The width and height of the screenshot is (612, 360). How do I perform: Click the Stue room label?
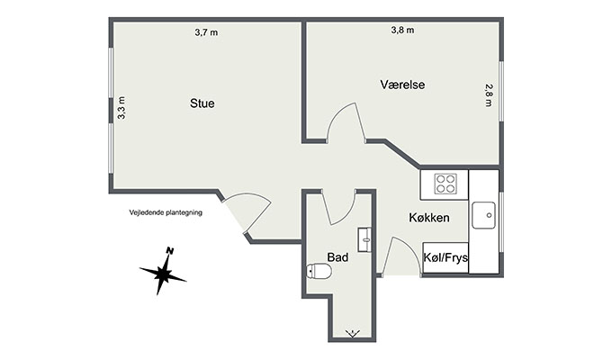pyautogui.click(x=202, y=103)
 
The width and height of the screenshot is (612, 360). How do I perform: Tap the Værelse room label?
pyautogui.click(x=402, y=85)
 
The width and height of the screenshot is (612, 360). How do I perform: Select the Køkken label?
pyautogui.click(x=429, y=218)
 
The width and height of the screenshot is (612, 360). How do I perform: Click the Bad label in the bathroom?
pyautogui.click(x=337, y=257)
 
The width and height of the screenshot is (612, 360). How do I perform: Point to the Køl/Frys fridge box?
pyautogui.click(x=445, y=257)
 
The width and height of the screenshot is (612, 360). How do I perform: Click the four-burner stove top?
pyautogui.click(x=445, y=184)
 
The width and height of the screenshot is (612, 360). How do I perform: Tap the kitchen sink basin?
pyautogui.click(x=483, y=215)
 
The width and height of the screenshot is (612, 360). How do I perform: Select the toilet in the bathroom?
pyautogui.click(x=319, y=271)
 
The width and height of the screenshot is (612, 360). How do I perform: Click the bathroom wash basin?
pyautogui.click(x=364, y=239)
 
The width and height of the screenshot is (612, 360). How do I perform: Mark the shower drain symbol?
pyautogui.click(x=353, y=333)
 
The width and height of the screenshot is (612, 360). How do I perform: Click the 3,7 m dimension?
pyautogui.click(x=206, y=32)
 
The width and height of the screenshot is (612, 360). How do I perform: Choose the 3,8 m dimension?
pyautogui.click(x=402, y=30)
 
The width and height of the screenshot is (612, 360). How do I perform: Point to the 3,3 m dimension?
pyautogui.click(x=121, y=108)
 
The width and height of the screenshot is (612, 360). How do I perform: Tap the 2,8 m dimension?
pyautogui.click(x=489, y=95)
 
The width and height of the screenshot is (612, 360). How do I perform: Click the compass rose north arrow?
pyautogui.click(x=163, y=272)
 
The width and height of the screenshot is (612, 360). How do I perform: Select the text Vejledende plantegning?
pyautogui.click(x=166, y=212)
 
